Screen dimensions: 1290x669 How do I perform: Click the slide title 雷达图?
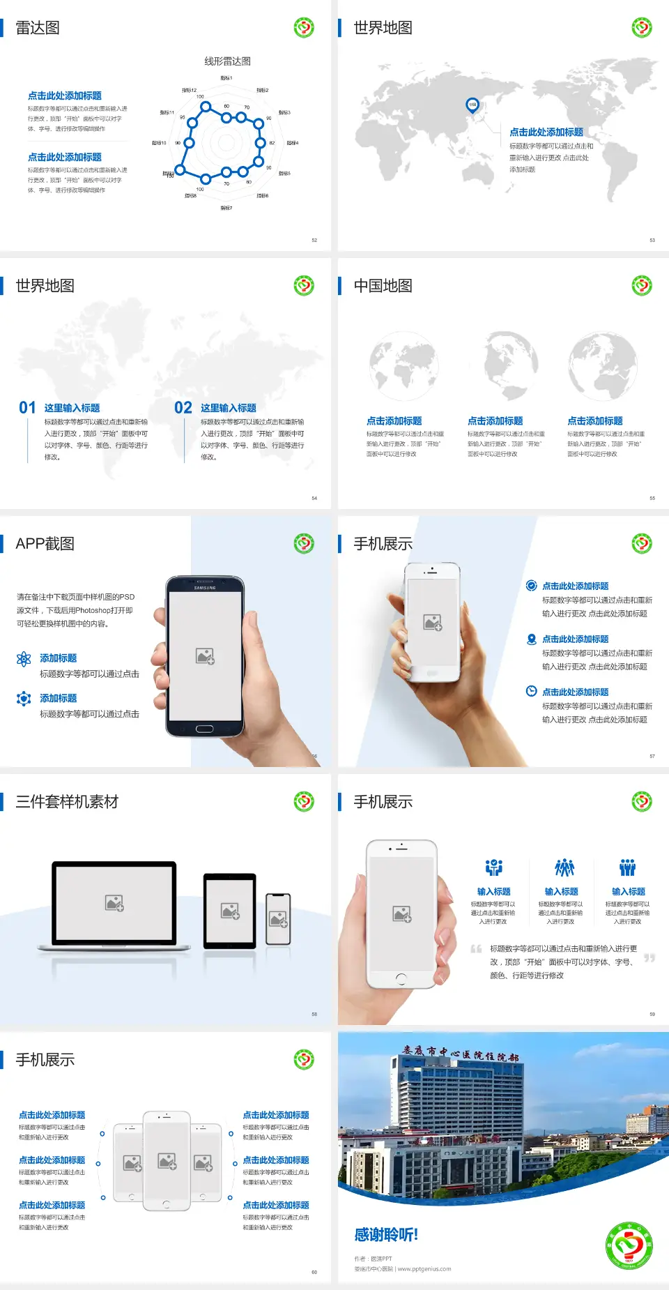tap(38, 28)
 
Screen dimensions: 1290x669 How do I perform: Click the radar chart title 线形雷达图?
tap(227, 61)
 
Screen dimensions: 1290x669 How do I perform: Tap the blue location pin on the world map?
tap(472, 105)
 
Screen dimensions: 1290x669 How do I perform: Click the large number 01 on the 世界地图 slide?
tap(27, 408)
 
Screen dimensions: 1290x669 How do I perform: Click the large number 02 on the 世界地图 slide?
tap(183, 408)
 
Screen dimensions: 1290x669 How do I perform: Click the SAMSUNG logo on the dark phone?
tap(205, 588)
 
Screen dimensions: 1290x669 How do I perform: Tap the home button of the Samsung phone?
tap(204, 729)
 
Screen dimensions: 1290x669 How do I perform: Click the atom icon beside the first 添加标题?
tap(24, 659)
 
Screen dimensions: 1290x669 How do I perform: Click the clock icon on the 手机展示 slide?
tap(531, 691)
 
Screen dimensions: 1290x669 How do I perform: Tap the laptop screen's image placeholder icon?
tap(114, 903)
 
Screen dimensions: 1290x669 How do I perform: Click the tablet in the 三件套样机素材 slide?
tap(230, 910)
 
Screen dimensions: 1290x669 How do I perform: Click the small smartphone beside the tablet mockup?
tap(278, 919)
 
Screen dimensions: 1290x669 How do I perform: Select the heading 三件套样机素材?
tap(67, 802)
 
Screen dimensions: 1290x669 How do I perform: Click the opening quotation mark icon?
tap(476, 949)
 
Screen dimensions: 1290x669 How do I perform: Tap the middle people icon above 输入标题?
tap(564, 867)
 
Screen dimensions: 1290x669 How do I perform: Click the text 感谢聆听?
tap(386, 1235)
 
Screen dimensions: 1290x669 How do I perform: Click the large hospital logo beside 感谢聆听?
tap(629, 1245)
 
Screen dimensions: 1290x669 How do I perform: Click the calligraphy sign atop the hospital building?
tap(461, 1053)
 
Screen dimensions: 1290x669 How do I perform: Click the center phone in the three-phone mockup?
tap(167, 1160)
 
